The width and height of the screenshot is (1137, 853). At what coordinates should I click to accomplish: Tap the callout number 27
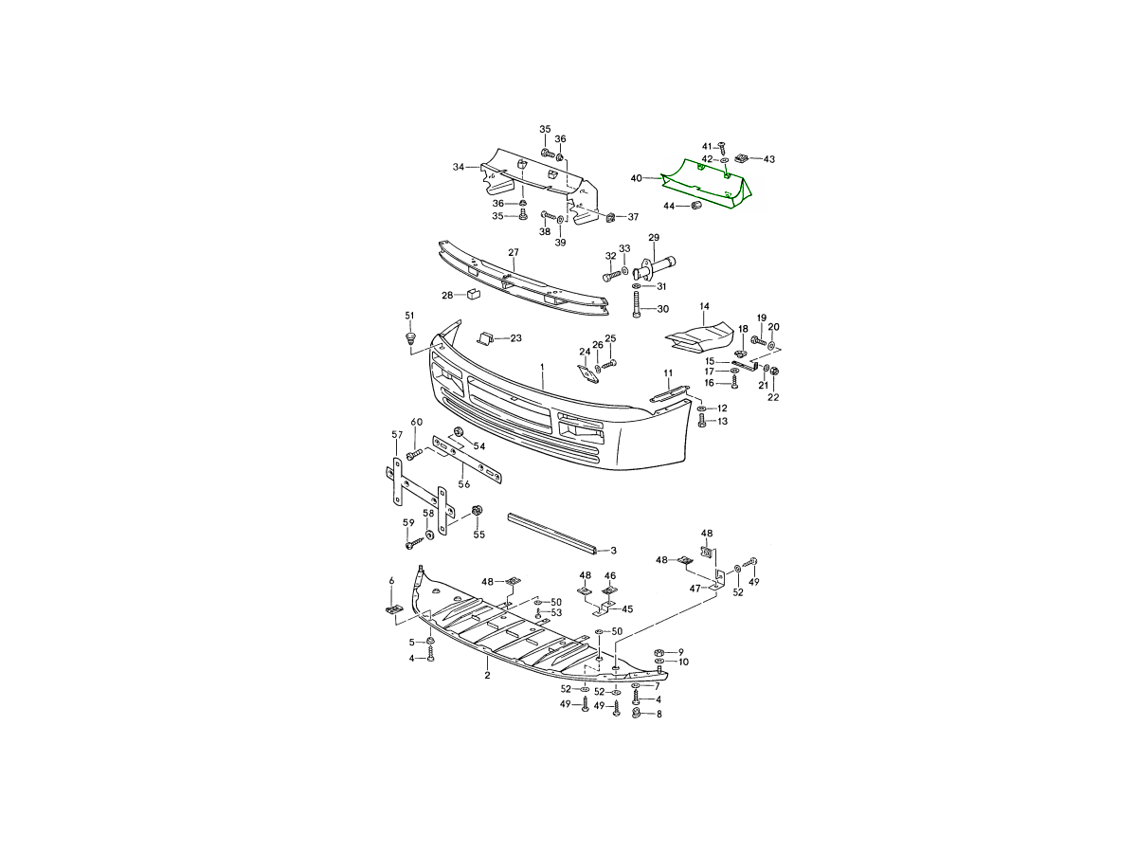514,253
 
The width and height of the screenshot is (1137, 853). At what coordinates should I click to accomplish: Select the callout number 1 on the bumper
542,366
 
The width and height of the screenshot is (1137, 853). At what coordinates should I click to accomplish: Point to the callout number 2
487,676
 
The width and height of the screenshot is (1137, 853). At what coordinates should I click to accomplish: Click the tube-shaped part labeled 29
655,269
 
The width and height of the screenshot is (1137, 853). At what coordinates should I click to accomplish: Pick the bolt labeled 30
637,305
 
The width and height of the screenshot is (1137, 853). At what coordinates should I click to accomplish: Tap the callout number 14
705,306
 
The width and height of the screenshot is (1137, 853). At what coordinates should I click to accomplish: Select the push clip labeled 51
410,339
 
